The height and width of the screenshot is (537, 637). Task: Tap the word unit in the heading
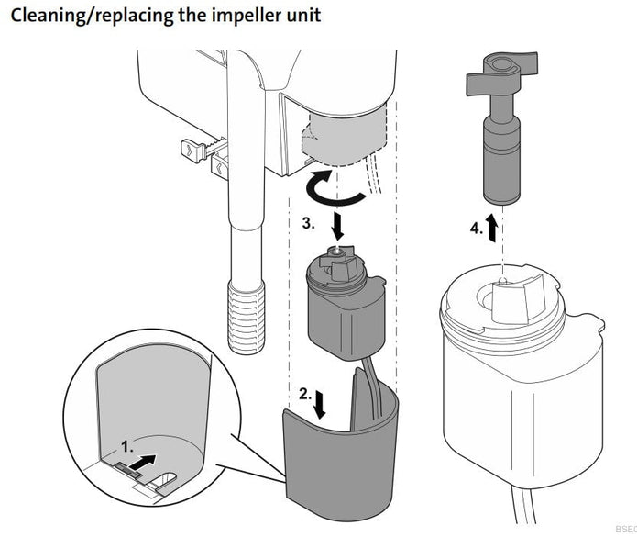[301, 17]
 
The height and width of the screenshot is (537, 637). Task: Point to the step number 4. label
[476, 229]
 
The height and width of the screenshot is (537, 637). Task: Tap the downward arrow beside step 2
[318, 403]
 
